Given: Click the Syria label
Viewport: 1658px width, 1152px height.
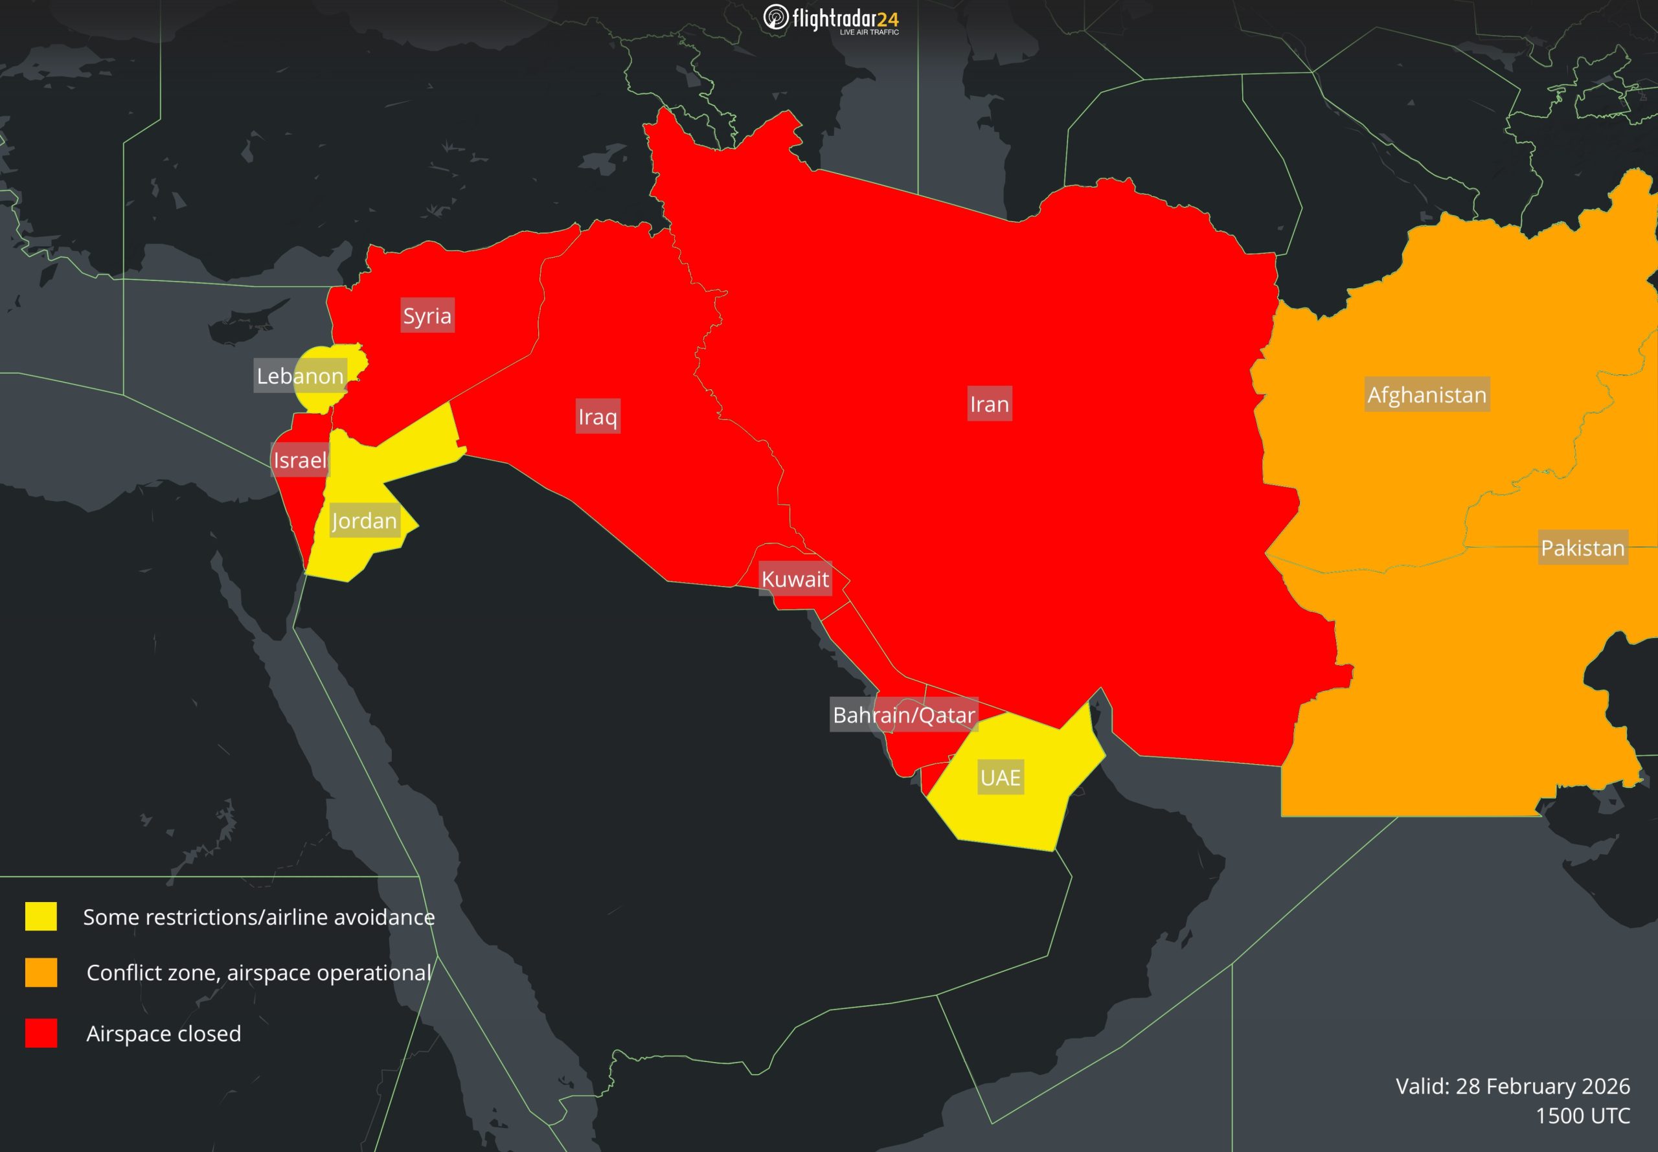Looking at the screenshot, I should click(427, 315).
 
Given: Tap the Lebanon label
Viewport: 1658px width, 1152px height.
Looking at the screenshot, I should click(301, 376).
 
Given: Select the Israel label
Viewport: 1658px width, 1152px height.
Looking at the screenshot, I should click(300, 460).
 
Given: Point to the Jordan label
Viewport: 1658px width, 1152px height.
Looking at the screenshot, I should click(364, 521).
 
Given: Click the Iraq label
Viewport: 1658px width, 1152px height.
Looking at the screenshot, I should click(598, 416).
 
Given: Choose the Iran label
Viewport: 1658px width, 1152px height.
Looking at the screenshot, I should click(989, 404).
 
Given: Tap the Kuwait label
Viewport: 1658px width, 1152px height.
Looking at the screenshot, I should click(795, 579).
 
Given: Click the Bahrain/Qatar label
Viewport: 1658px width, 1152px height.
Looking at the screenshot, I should click(903, 715).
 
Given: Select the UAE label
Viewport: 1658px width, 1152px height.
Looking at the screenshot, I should click(1001, 777).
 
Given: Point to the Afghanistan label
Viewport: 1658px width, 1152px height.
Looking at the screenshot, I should click(1427, 395).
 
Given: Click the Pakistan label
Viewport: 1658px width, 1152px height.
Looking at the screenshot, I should click(1582, 548).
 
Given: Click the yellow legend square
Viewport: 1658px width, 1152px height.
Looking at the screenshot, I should click(41, 917).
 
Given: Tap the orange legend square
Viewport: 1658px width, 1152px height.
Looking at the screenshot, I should click(41, 972).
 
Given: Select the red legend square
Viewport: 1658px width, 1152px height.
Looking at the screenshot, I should click(41, 1033).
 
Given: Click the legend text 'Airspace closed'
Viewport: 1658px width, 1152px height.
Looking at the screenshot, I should click(164, 1033).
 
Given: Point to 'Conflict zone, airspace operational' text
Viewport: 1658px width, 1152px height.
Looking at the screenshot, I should click(258, 972).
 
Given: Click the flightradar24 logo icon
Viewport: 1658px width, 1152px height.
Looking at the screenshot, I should click(776, 17).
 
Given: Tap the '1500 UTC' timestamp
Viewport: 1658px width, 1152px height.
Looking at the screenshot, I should click(1582, 1115).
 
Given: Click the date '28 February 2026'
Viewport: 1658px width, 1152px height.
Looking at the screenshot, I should click(1543, 1085).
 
